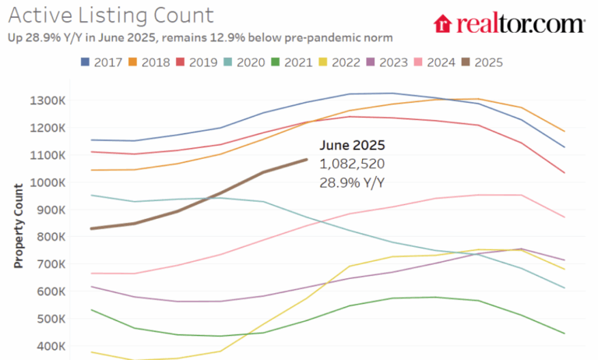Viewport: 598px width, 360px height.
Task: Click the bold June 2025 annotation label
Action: tap(352, 146)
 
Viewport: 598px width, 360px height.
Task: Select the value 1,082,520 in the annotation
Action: tap(352, 164)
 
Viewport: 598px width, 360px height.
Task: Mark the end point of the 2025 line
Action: tap(307, 160)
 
